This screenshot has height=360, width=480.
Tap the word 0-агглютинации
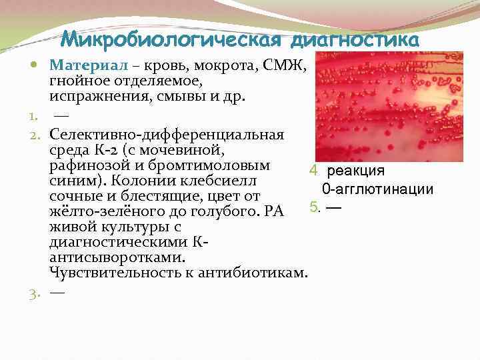[x=378, y=189]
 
